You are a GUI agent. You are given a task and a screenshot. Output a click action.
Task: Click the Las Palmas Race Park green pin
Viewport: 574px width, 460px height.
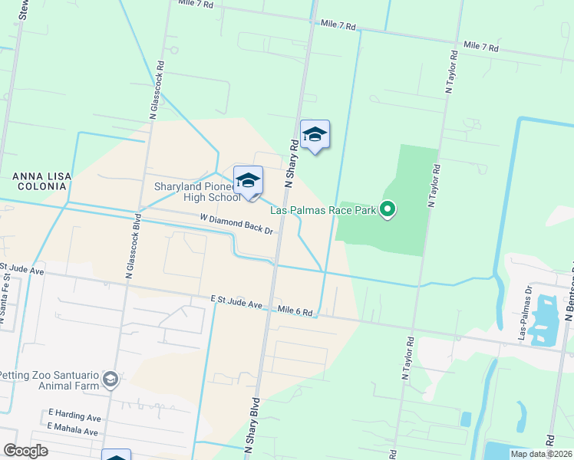click(388, 209)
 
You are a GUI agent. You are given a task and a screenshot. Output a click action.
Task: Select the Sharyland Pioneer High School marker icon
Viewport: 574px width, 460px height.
click(248, 181)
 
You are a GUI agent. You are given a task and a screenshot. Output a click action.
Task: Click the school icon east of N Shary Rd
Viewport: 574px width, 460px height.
click(315, 135)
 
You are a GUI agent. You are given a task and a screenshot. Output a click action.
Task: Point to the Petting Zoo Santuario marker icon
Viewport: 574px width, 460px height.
click(111, 379)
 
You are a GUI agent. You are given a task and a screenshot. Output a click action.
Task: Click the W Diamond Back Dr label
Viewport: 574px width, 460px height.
click(236, 224)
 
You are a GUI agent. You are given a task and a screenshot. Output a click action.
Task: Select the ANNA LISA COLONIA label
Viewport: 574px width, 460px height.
click(42, 182)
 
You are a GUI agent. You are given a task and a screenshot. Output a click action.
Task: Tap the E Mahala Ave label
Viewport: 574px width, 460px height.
click(73, 432)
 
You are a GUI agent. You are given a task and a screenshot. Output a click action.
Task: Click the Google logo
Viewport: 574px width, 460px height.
click(25, 451)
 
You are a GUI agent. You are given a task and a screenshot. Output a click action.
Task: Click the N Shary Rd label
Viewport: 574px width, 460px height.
click(292, 163)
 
